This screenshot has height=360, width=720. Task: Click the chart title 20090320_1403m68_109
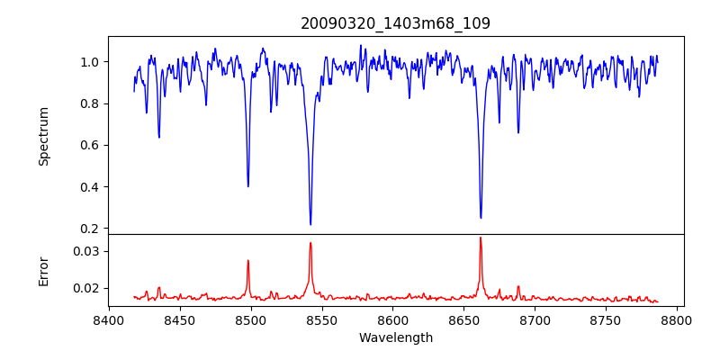[395, 23]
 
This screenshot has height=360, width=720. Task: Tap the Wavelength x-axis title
[395, 338]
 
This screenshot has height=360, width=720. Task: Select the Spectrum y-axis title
[43, 136]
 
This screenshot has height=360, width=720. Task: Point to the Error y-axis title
[43, 270]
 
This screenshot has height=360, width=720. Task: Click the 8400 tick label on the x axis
[109, 320]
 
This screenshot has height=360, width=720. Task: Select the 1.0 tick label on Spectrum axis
[89, 62]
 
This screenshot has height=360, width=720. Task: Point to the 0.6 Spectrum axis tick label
[89, 145]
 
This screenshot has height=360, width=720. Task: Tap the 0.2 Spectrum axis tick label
[89, 229]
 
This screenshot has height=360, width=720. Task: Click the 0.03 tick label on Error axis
[85, 251]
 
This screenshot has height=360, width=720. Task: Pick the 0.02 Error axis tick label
[85, 288]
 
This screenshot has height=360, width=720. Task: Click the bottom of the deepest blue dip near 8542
[310, 224]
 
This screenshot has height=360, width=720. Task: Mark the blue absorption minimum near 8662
[481, 217]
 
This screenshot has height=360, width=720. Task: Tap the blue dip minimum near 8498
[248, 186]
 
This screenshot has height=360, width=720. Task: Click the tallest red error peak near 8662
[481, 238]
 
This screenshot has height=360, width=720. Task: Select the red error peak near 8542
[310, 242]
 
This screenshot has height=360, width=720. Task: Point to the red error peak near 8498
[248, 261]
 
